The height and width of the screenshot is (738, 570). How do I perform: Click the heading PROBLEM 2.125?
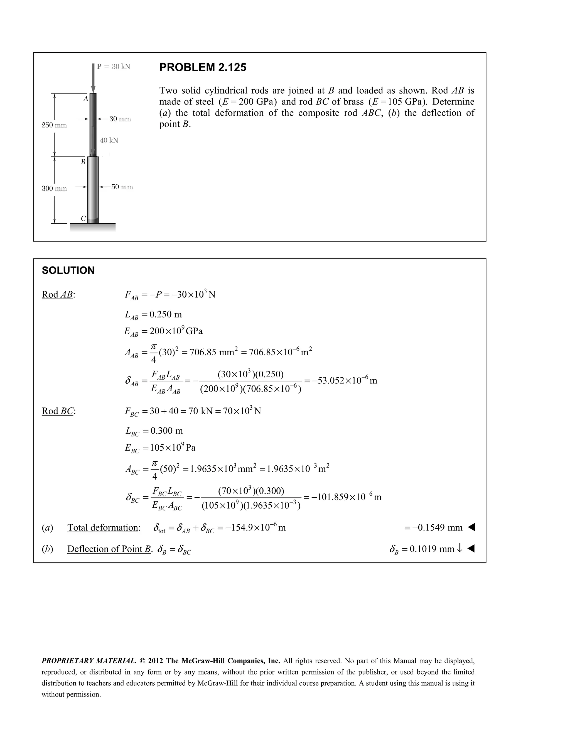[203, 68]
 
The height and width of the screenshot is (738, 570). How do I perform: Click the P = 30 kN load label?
[114, 67]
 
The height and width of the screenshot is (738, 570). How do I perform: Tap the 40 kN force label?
[109, 140]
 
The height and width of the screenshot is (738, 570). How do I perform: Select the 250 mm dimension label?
[54, 125]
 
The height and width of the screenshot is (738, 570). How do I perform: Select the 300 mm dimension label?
[54, 189]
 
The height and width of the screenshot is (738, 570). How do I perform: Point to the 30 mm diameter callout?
[120, 119]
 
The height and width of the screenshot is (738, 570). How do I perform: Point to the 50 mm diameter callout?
[122, 187]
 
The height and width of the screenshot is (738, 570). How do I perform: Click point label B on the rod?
[83, 162]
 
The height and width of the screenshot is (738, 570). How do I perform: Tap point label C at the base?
[83, 219]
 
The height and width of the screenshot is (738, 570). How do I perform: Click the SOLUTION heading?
[68, 270]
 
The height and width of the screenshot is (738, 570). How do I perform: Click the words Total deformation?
[103, 527]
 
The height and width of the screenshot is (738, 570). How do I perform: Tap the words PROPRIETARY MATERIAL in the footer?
[89, 661]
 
